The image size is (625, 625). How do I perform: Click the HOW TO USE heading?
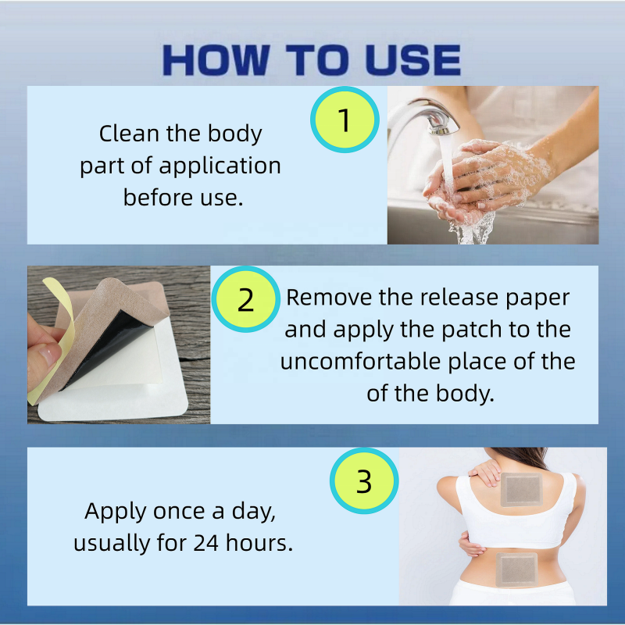click(312, 60)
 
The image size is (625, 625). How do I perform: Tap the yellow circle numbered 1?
click(345, 120)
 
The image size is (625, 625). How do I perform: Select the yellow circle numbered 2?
click(245, 300)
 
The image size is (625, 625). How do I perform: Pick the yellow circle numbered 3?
click(363, 482)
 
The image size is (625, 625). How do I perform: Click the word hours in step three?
click(262, 543)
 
